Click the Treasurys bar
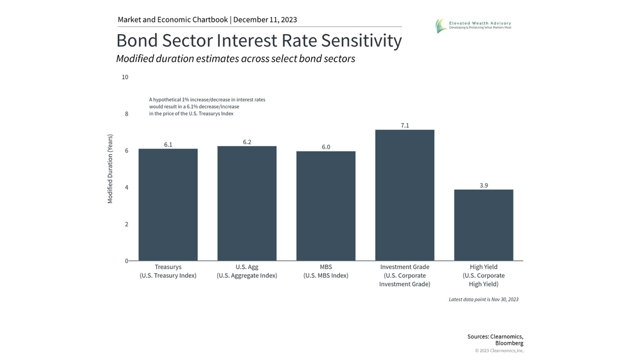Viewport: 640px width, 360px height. pos(168,205)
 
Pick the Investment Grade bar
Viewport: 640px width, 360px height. pos(405,195)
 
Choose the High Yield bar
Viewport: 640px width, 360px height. pos(484,225)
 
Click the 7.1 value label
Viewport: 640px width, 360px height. pos(405,125)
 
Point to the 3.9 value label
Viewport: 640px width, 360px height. pos(484,185)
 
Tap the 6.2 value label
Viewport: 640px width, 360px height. pos(247,142)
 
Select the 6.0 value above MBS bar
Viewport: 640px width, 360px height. pos(326,147)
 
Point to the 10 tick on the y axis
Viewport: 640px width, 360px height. pos(125,77)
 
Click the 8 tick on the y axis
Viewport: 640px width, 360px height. pos(126,114)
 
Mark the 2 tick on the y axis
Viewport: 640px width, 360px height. pos(126,225)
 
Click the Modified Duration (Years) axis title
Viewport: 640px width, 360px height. pos(110,168)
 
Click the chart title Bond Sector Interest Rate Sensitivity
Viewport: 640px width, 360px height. pos(259,41)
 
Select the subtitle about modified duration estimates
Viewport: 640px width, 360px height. pos(235,59)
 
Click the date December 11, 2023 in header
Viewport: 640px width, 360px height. pos(265,20)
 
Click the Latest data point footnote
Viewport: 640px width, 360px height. pos(483,299)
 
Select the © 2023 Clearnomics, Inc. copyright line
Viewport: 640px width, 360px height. pos(499,350)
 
